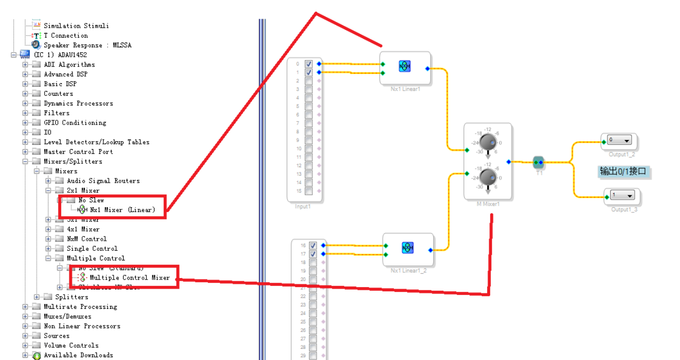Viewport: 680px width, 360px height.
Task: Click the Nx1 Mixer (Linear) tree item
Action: point(123,210)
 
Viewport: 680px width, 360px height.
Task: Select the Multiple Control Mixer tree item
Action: point(129,277)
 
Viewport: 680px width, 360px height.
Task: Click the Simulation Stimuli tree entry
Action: point(76,26)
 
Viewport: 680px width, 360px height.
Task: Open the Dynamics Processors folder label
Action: point(78,103)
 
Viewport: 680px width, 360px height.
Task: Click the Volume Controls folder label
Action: point(71,345)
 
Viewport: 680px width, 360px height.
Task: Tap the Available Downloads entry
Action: point(78,355)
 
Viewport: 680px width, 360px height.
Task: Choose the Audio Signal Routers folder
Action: point(103,181)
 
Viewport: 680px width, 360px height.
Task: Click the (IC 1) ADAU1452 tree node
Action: point(60,55)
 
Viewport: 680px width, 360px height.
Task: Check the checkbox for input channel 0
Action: point(309,64)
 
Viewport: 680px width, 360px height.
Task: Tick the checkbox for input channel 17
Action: point(313,254)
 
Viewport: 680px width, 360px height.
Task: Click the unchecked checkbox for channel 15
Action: point(309,191)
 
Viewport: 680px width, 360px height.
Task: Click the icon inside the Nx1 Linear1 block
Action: point(404,67)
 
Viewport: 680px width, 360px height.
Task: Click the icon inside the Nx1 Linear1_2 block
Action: point(408,248)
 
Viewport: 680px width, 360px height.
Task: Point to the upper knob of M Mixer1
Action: point(487,142)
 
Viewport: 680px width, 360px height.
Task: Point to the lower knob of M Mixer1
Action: point(487,177)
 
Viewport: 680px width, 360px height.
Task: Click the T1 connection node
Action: point(538,162)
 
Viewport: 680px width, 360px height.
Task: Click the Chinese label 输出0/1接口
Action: point(622,171)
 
